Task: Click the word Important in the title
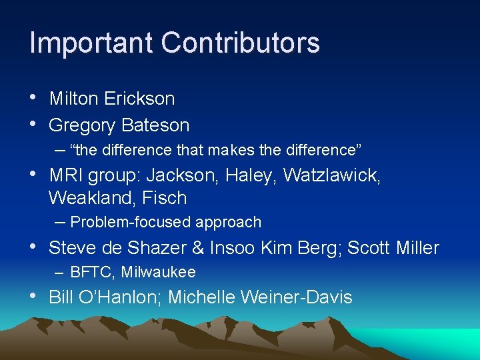(91, 43)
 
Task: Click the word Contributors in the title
(240, 43)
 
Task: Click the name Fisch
(164, 198)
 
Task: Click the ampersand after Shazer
(197, 249)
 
